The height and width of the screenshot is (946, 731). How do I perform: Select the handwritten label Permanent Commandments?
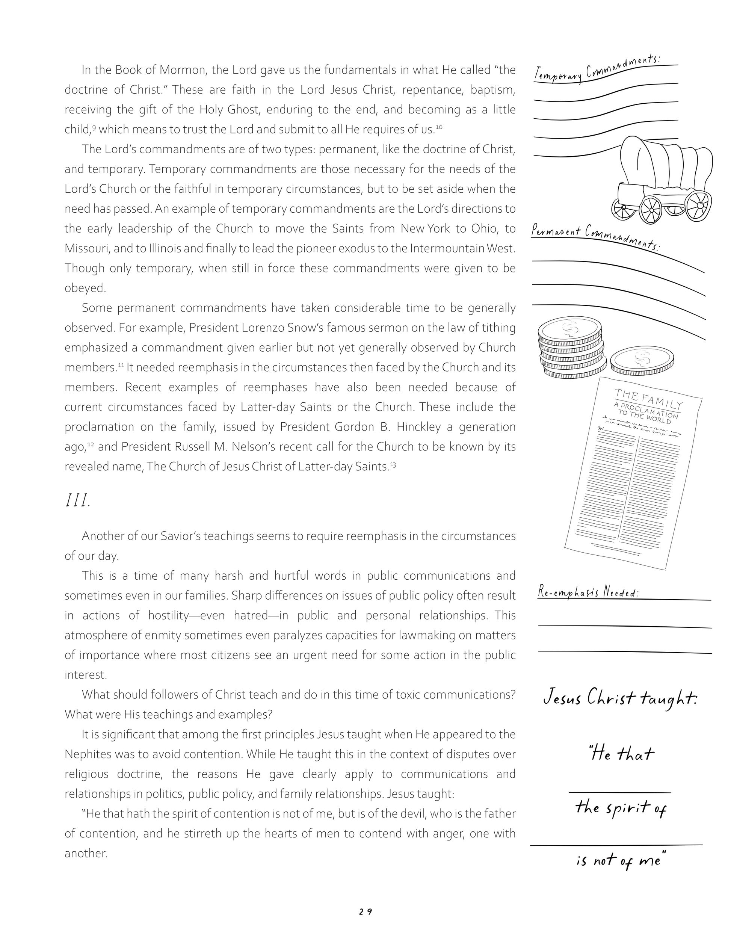tap(595, 236)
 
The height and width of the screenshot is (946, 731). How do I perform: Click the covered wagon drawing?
tap(662, 181)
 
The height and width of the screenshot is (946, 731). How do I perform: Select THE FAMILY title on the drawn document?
tap(648, 399)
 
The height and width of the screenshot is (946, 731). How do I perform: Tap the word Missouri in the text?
tap(85, 248)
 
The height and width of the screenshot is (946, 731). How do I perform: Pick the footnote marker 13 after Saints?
tap(393, 465)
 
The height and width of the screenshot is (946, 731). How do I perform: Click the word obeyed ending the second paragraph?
tap(85, 288)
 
